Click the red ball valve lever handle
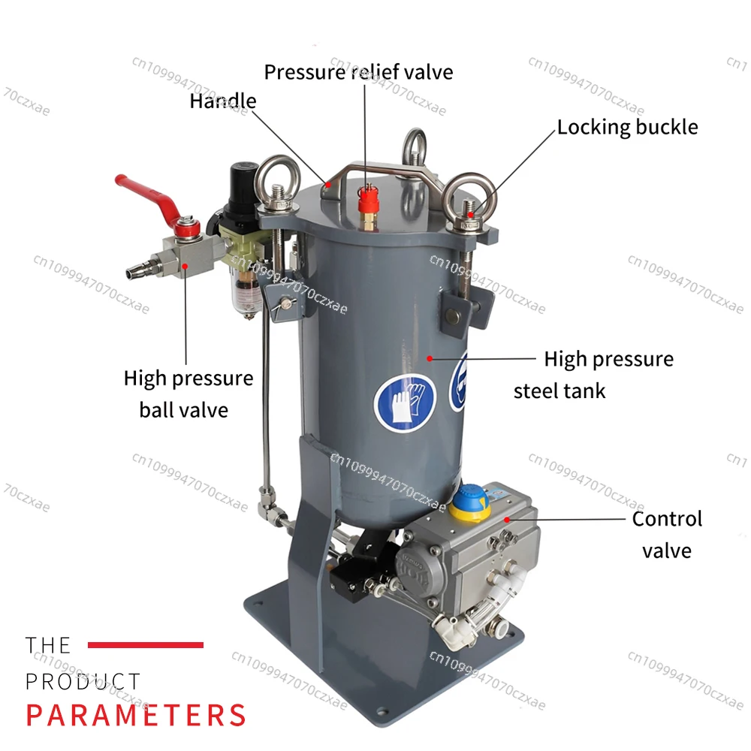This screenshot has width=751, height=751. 143,195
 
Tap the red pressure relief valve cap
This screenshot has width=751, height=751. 369,201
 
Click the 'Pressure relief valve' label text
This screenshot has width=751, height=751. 358,72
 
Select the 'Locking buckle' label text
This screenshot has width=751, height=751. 627,128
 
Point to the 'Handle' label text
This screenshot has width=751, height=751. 223,101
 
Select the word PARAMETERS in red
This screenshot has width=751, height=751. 136,715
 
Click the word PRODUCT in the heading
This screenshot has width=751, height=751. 83,681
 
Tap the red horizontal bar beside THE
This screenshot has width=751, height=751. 146,644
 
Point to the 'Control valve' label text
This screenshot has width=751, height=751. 667,535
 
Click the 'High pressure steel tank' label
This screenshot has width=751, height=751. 594,375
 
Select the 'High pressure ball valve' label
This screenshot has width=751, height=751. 189,394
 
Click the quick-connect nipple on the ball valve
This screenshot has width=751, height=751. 142,267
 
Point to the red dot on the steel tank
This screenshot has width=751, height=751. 430,358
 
